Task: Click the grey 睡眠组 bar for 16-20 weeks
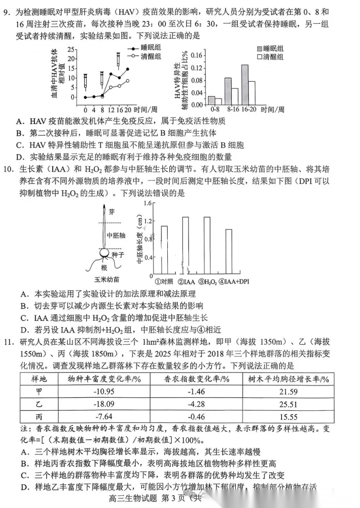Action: pyautogui.click(x=245, y=85)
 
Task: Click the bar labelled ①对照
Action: pyautogui.click(x=164, y=250)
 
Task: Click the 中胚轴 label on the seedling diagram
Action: pyautogui.click(x=115, y=235)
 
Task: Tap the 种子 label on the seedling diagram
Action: pyautogui.click(x=118, y=254)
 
